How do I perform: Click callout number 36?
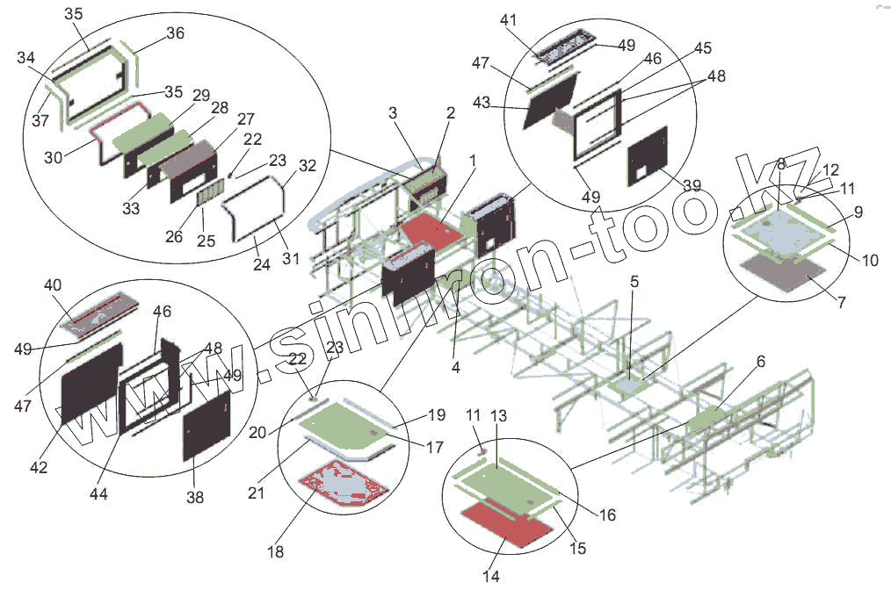click(x=175, y=34)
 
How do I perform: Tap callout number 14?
click(x=490, y=576)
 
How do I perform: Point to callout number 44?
click(x=98, y=494)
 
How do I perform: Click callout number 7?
click(x=842, y=303)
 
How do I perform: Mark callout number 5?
click(x=634, y=283)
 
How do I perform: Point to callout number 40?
click(x=52, y=285)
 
